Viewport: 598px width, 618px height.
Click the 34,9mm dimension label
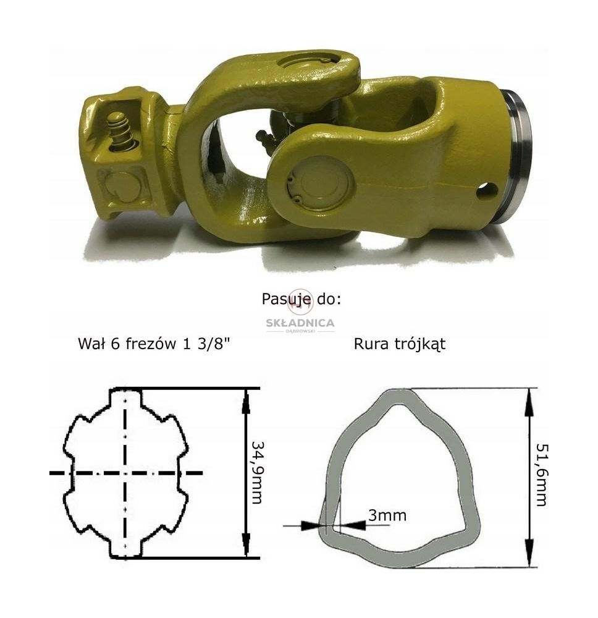[257, 473]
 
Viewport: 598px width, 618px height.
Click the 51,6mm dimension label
[542, 475]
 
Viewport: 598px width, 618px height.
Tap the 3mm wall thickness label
[387, 515]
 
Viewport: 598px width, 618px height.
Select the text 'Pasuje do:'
[301, 299]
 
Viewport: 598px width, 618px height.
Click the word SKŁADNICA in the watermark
[300, 323]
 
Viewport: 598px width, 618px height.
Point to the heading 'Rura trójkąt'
[400, 344]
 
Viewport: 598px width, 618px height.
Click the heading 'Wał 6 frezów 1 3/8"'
[154, 344]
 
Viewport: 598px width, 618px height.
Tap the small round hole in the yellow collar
[487, 191]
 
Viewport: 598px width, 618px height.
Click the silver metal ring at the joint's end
[518, 158]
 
